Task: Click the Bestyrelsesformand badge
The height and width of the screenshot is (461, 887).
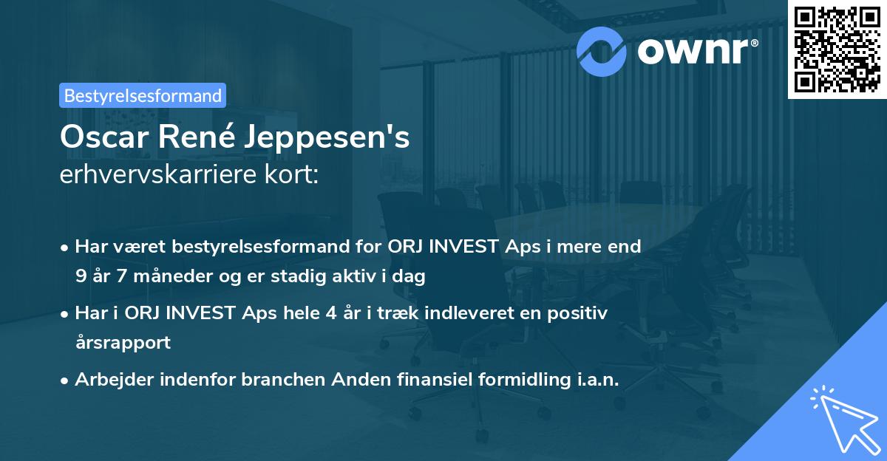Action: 143,95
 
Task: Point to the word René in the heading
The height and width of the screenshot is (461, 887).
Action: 195,137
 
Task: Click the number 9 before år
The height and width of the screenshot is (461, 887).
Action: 80,277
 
